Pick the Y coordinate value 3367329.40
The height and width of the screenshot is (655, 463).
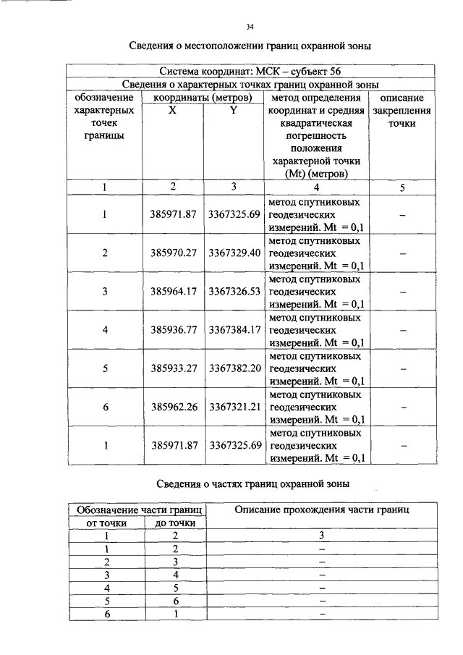coord(234,253)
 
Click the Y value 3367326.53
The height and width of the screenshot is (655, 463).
coord(234,292)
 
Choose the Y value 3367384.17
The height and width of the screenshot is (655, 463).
coord(234,330)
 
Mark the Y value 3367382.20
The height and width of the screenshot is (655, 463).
coord(234,368)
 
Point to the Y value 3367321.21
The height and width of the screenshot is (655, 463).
coord(234,407)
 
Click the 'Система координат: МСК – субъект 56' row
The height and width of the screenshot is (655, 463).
coord(250,72)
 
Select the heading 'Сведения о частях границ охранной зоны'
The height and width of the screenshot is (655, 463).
coord(250,483)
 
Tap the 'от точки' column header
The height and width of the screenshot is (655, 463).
coord(106,523)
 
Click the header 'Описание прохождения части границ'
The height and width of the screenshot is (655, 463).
coord(322,510)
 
